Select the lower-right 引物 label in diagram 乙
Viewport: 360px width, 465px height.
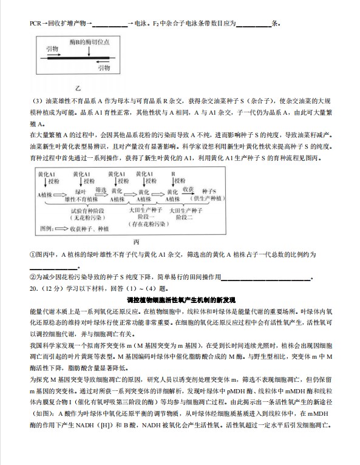[x=104, y=67]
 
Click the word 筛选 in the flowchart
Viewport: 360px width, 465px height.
[x=101, y=189]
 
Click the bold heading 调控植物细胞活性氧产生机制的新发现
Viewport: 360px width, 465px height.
[x=180, y=300]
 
